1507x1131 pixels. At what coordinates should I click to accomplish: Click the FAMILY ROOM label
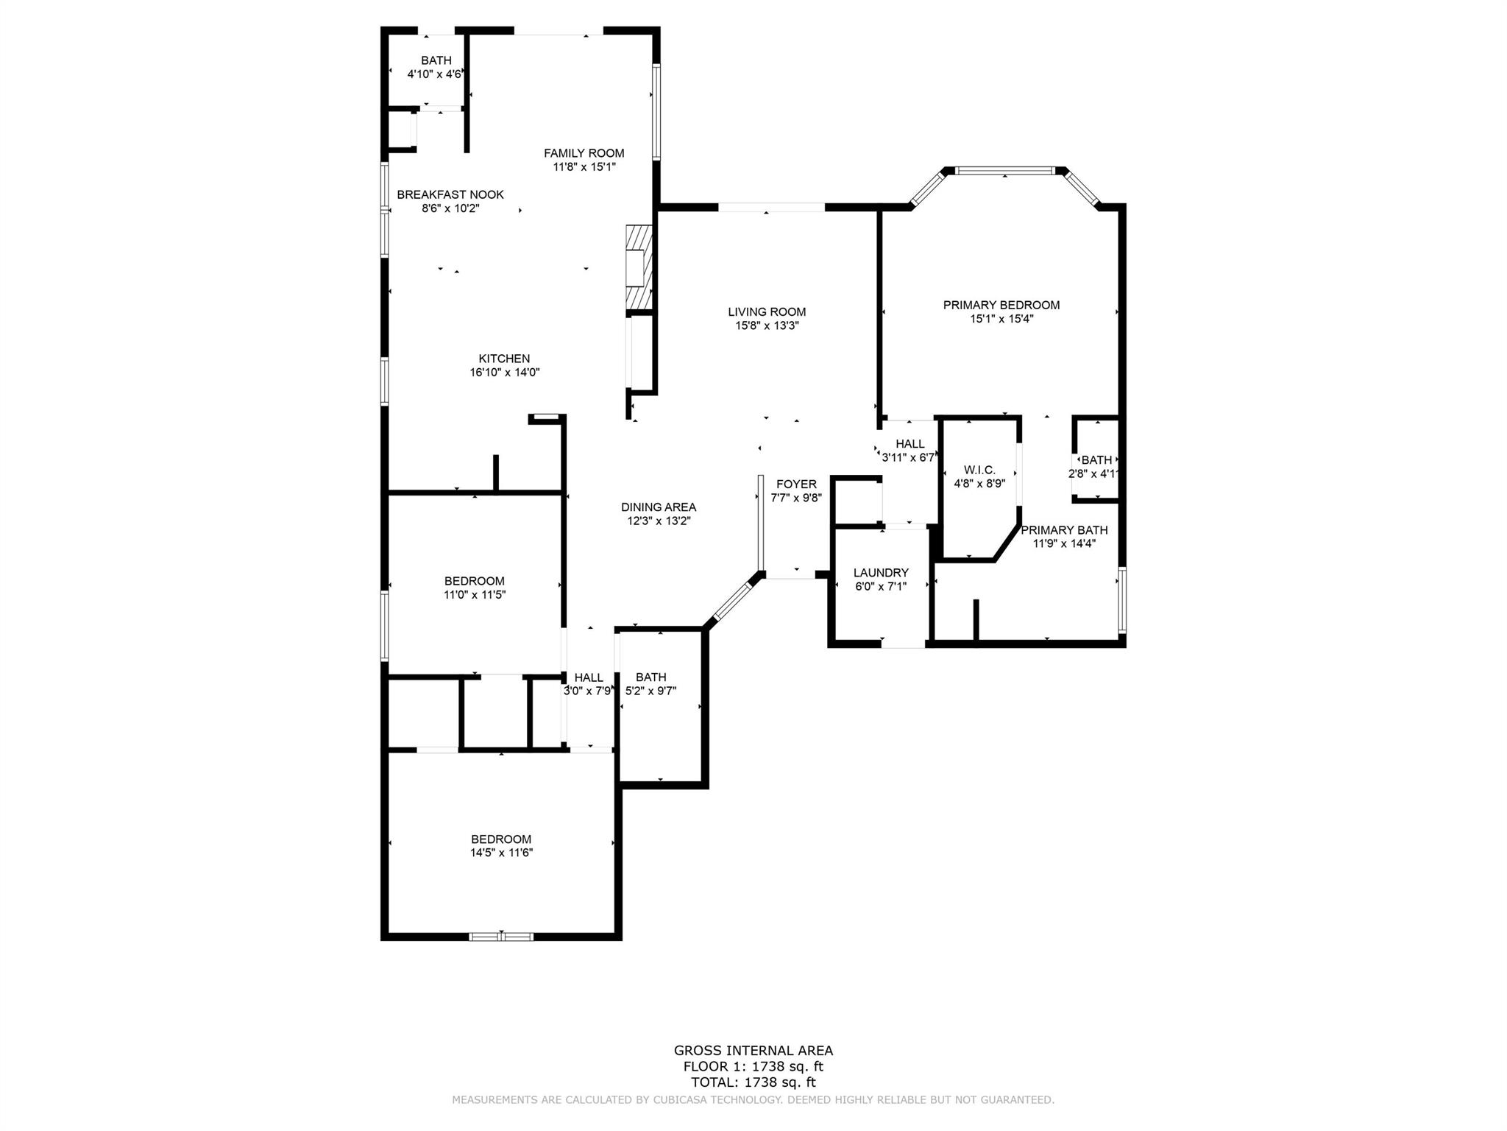click(584, 153)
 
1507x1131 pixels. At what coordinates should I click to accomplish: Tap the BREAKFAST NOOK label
click(450, 194)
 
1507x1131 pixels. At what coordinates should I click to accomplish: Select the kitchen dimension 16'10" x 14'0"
click(504, 373)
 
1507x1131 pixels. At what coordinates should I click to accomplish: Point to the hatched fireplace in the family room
click(638, 267)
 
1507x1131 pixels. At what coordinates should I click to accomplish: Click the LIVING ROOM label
click(767, 311)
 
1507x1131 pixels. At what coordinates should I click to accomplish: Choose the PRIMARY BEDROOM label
click(1001, 305)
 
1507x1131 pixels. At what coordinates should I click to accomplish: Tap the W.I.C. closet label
click(979, 470)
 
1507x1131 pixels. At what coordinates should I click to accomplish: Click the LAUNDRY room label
click(880, 572)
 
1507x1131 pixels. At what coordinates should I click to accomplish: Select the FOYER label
click(795, 484)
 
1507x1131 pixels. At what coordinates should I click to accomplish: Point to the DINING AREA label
click(658, 507)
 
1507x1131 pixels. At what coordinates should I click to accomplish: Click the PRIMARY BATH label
click(1063, 530)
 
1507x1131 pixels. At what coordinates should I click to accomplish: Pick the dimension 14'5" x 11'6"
click(501, 853)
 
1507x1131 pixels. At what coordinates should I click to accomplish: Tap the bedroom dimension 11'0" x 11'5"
click(474, 595)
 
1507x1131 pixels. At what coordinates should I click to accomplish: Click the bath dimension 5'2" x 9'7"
click(650, 691)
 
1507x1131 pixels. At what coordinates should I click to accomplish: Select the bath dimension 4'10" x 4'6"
click(435, 74)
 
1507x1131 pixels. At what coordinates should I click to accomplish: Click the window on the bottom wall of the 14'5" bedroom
click(501, 937)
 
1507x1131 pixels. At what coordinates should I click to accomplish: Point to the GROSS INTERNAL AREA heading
click(753, 1051)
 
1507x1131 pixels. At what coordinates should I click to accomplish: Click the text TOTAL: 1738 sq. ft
click(753, 1082)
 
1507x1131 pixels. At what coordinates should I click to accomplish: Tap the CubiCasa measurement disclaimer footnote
click(753, 1100)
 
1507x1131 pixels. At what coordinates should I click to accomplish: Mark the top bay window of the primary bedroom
click(1005, 171)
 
